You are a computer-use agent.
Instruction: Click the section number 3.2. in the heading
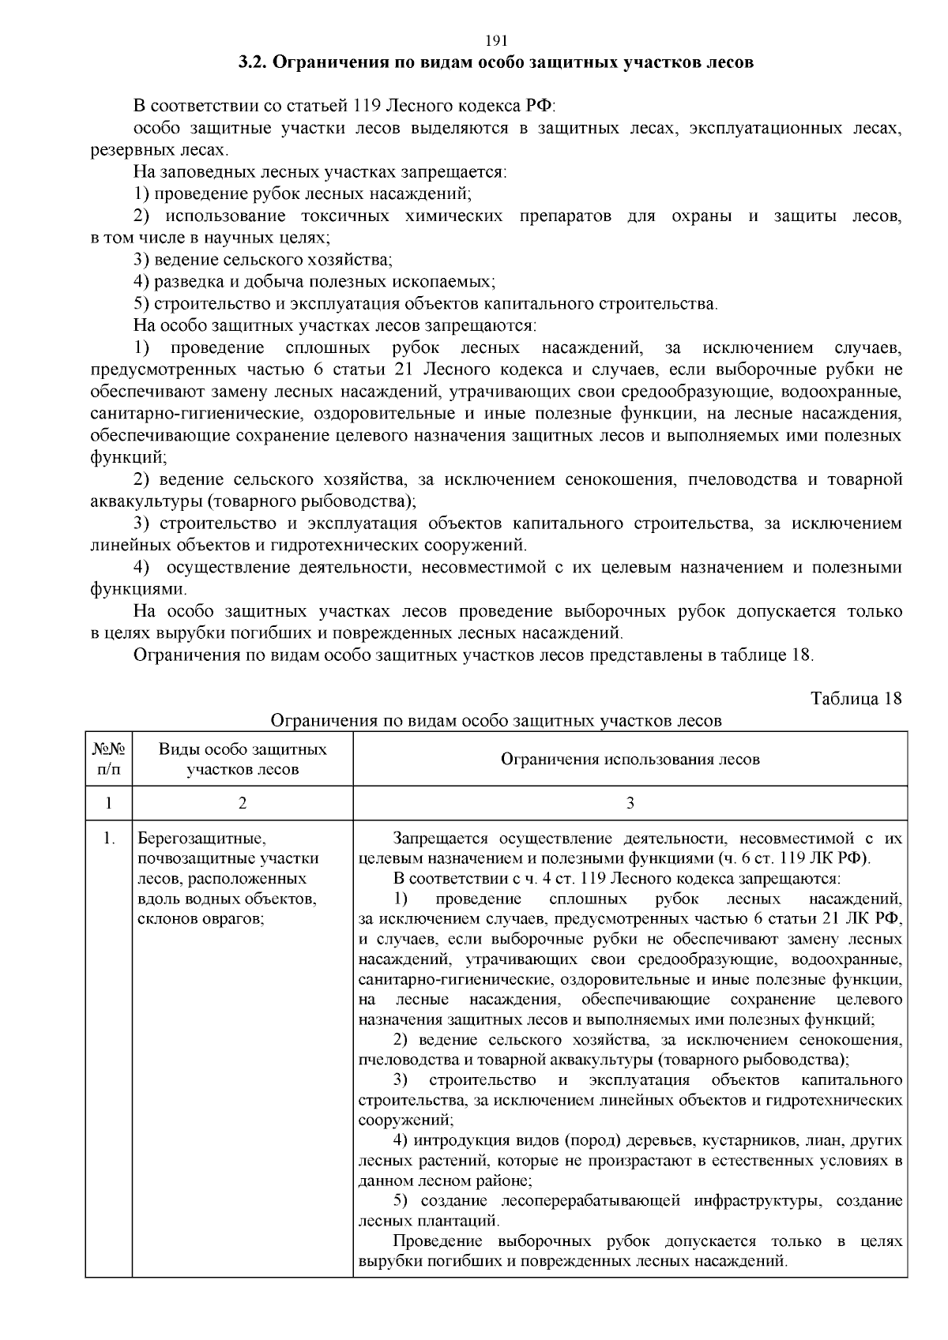(x=254, y=62)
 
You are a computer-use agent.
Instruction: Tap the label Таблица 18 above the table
(x=856, y=698)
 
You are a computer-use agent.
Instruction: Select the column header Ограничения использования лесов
(x=630, y=759)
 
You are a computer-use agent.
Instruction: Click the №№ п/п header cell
(x=108, y=759)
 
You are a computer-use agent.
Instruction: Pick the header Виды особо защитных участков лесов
(x=243, y=759)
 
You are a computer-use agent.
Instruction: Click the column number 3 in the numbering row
(x=630, y=804)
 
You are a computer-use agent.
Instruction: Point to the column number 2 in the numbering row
(x=243, y=804)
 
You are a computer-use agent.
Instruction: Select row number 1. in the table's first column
(x=108, y=839)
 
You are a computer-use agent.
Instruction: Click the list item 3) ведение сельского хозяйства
(x=263, y=259)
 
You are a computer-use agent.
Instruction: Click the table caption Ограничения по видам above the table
(x=497, y=720)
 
